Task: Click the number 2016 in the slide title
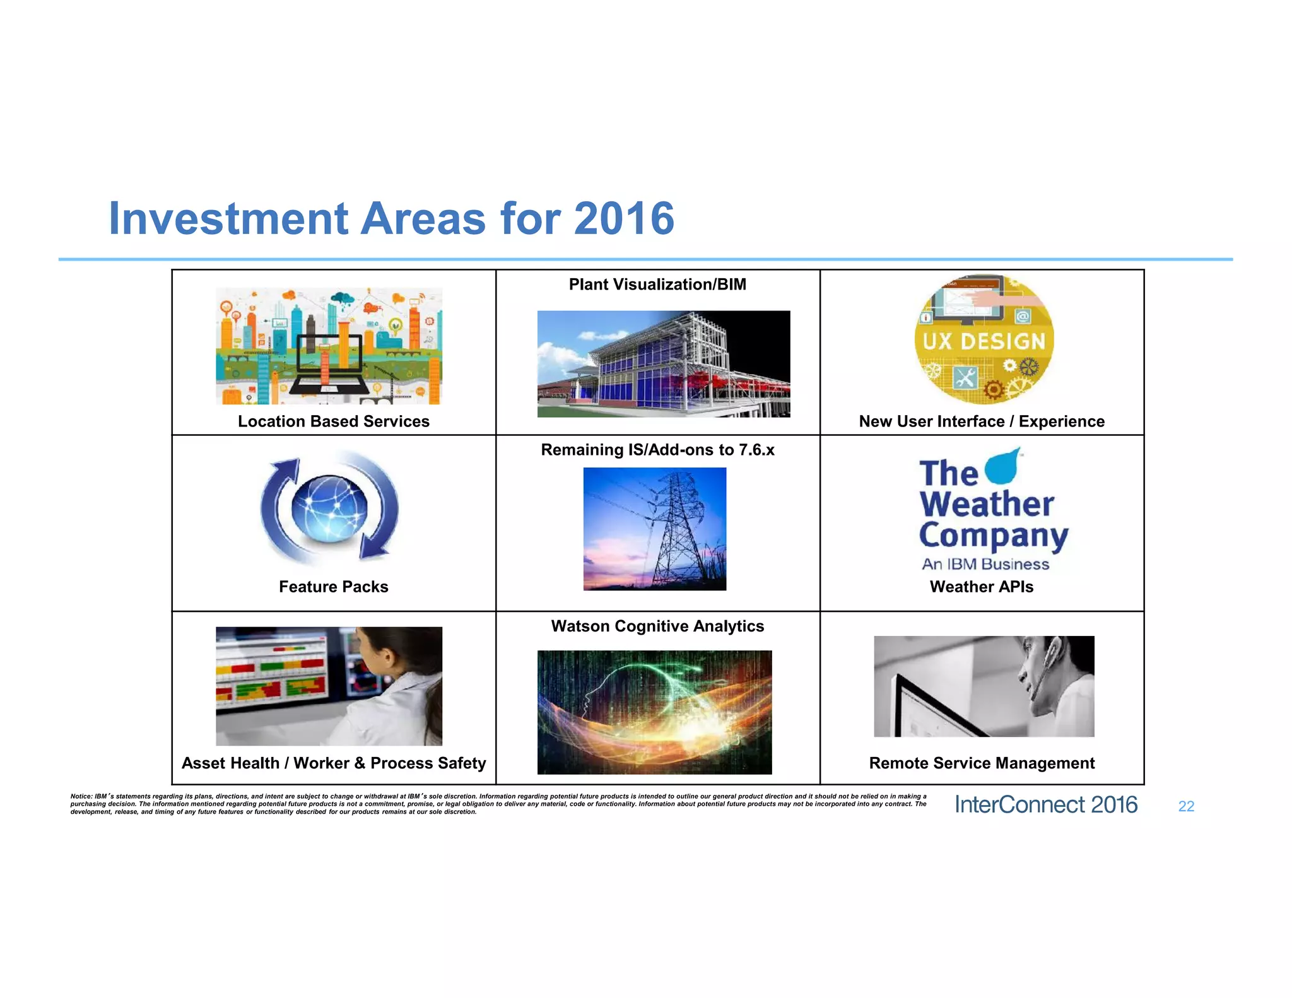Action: (624, 219)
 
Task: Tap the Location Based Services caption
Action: (333, 421)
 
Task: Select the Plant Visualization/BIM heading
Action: (657, 285)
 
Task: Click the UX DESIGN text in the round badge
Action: (984, 341)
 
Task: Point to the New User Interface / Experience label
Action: (981, 421)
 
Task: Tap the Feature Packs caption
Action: (333, 587)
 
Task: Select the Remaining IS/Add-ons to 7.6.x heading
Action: (657, 450)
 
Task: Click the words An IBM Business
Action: (985, 564)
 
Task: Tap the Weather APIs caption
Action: (981, 587)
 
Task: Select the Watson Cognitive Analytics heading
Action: (657, 626)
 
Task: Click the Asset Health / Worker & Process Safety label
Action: (333, 763)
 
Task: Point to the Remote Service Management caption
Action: (981, 763)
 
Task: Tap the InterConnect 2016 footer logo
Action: (1045, 805)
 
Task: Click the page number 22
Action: (1185, 806)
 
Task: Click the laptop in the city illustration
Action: (327, 366)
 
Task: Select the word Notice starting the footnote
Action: (81, 797)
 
